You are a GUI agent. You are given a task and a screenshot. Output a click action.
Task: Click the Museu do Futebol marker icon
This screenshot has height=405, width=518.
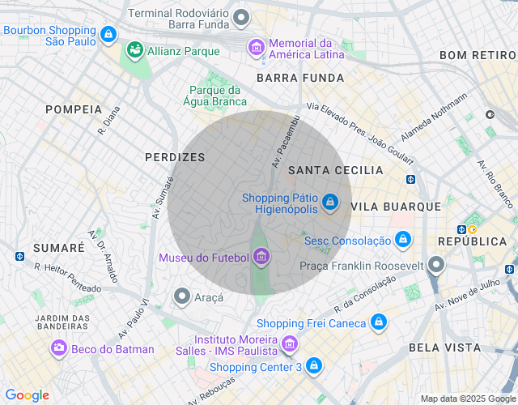(261, 258)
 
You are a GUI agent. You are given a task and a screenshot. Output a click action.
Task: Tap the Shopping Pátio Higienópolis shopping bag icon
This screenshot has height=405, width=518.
(329, 202)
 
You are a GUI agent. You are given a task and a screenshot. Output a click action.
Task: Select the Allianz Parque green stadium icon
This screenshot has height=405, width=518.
(134, 50)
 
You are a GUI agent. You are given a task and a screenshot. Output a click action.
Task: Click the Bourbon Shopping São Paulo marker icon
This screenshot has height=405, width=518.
(108, 35)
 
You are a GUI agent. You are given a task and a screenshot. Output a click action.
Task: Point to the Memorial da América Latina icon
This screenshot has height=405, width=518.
(257, 48)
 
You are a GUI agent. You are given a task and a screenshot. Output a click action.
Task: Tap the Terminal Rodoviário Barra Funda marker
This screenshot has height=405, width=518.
(240, 17)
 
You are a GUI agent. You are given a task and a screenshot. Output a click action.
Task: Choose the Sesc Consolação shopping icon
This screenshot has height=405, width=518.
(402, 240)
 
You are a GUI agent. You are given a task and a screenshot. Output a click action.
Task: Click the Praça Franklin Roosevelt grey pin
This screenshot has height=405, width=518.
(436, 265)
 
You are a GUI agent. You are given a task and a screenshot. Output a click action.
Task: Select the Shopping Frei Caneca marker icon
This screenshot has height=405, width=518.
(377, 322)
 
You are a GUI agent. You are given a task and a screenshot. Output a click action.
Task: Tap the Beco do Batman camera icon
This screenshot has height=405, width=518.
(58, 348)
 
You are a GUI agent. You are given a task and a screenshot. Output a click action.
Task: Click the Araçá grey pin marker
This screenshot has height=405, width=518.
(182, 296)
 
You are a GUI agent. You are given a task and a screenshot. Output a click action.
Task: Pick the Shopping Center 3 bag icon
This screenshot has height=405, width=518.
(314, 367)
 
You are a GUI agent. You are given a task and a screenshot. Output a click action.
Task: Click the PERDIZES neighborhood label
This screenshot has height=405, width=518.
(175, 157)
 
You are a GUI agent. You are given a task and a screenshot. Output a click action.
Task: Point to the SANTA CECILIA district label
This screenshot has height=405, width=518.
(335, 170)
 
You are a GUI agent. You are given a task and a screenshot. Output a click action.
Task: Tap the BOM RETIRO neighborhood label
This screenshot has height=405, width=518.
(477, 55)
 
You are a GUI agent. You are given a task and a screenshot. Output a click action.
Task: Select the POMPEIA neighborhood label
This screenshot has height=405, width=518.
(74, 109)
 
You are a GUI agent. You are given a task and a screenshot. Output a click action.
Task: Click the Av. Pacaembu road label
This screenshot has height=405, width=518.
(283, 141)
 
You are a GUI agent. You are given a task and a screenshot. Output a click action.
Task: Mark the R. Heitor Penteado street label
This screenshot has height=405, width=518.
(67, 277)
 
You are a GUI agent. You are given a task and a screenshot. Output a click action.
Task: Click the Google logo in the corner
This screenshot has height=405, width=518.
(27, 395)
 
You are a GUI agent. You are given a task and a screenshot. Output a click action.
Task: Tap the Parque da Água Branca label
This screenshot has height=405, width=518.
(216, 96)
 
